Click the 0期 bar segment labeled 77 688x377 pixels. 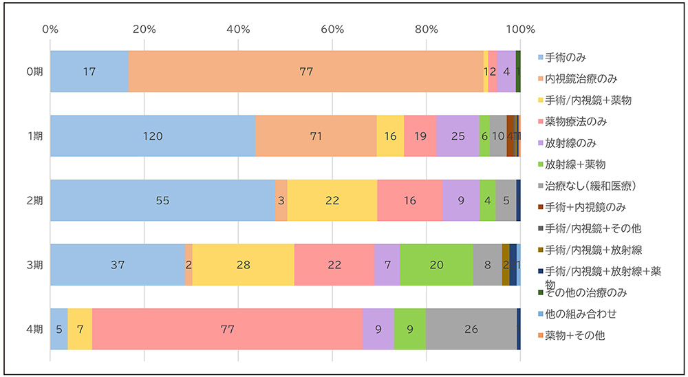point(305,72)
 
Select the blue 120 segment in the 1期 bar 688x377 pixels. point(153,136)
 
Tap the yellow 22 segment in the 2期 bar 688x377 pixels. point(332,200)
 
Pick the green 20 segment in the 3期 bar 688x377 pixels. point(436,264)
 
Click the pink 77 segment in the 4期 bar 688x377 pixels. point(227,329)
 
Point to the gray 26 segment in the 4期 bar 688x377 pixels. point(471,329)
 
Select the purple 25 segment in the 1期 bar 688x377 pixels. point(458,136)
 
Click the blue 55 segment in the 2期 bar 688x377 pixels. point(162,200)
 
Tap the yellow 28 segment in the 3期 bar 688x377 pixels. point(243,264)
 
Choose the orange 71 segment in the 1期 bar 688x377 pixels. point(316,136)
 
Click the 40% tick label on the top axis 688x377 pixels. point(238,30)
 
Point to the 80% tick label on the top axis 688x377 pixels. point(426,30)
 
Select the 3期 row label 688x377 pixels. point(33,264)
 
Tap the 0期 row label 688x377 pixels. point(33,72)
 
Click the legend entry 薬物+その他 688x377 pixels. point(574,336)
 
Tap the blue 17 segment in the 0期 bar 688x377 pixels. point(89,72)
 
